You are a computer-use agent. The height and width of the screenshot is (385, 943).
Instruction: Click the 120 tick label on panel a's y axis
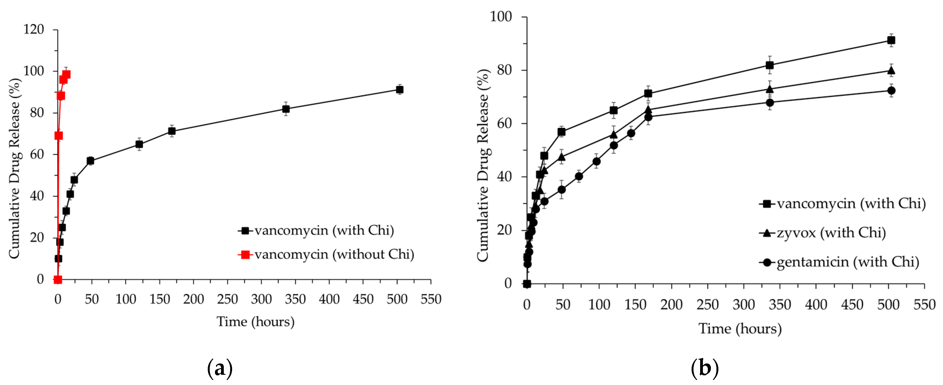point(34,29)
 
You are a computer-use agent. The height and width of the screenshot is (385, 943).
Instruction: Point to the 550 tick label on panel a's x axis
point(430,299)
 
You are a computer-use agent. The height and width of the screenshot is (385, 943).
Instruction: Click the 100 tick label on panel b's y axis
point(501,17)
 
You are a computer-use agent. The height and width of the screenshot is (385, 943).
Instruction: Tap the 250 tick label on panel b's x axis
point(707,305)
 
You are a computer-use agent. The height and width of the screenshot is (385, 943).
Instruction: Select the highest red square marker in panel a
point(66,75)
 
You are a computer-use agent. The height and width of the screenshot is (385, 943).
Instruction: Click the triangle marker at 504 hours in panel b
point(891,71)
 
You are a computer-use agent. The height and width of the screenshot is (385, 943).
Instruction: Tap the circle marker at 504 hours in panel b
point(891,91)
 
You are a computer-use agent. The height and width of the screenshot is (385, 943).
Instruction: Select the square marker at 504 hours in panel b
point(891,40)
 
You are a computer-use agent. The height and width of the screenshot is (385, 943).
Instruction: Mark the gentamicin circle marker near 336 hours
point(770,103)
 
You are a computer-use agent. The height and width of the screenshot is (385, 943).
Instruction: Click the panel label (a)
point(220,368)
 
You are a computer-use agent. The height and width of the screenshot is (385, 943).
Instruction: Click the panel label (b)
point(704,368)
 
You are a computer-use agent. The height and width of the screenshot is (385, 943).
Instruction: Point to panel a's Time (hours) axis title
point(256,322)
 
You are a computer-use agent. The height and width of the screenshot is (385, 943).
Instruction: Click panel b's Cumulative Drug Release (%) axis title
point(483,165)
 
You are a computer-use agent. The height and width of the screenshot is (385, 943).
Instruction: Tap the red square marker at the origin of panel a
point(57,280)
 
